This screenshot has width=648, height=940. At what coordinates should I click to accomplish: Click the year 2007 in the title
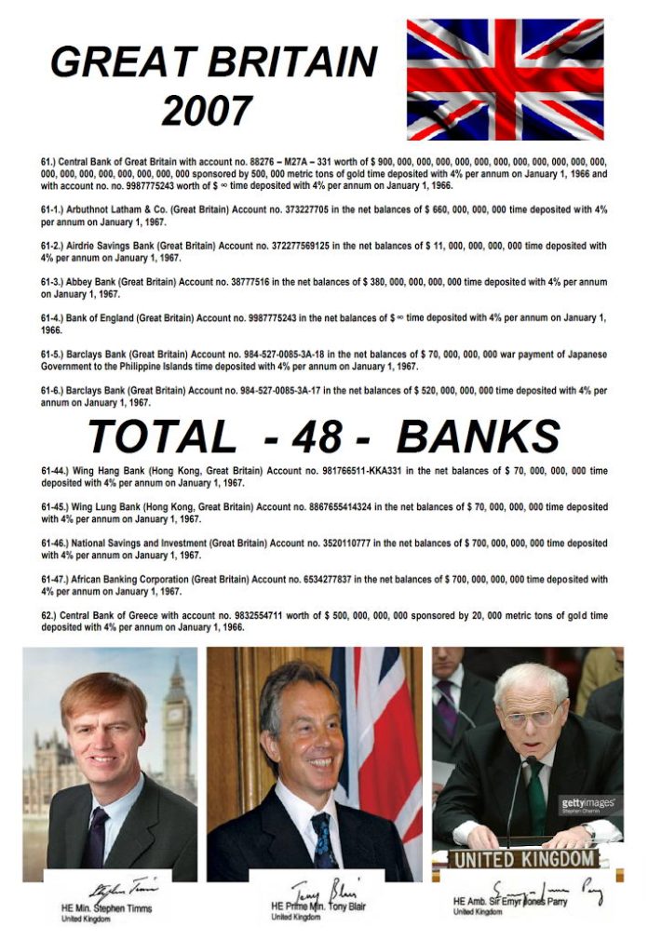207,111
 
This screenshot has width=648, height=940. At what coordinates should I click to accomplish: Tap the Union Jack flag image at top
505,79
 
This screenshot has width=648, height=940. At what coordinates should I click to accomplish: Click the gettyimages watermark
587,802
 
